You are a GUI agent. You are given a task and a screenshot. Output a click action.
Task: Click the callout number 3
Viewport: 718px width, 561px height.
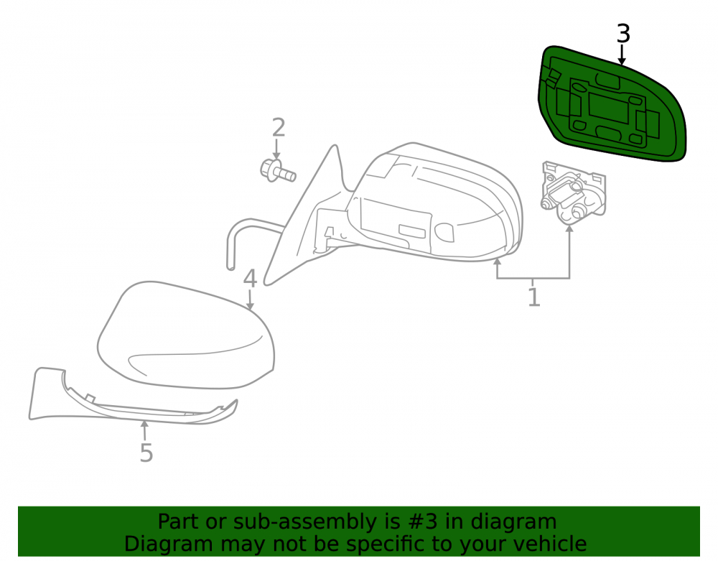click(x=623, y=34)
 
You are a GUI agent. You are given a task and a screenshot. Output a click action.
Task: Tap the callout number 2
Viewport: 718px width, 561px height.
click(x=279, y=127)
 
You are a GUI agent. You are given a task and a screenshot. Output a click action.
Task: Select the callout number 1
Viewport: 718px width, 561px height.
click(x=534, y=297)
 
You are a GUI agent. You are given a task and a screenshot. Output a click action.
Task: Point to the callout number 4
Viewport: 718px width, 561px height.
click(x=250, y=279)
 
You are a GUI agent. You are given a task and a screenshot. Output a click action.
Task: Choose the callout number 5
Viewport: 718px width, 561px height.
click(x=146, y=453)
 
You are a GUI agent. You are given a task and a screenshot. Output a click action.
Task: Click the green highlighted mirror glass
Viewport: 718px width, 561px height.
click(x=611, y=104)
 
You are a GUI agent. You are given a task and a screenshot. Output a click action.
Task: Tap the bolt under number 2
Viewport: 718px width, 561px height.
click(x=277, y=171)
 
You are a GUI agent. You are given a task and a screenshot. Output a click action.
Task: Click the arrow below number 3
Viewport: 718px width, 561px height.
click(x=622, y=54)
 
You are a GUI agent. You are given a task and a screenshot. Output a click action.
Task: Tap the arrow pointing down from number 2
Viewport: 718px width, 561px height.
click(x=276, y=149)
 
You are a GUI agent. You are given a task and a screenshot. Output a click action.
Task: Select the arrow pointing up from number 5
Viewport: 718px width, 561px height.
click(x=144, y=430)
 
